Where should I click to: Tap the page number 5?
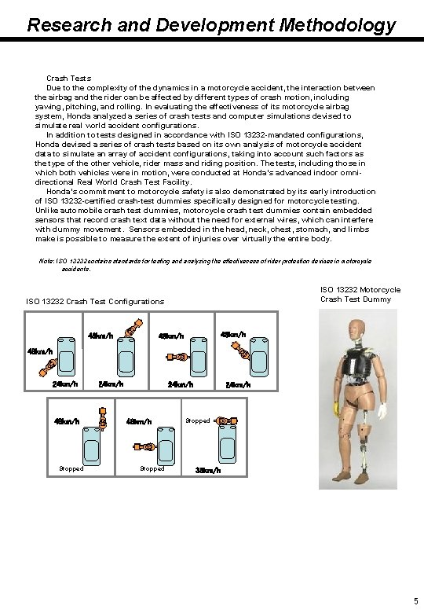coord(415,601)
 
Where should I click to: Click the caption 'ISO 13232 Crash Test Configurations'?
coord(95,301)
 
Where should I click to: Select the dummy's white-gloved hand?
coord(382,409)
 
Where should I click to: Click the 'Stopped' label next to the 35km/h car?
coord(197,420)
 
